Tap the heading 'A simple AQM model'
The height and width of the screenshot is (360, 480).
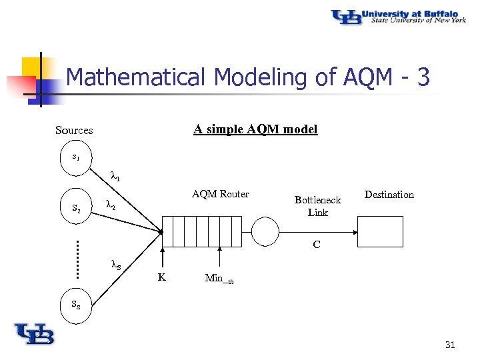pyautogui.click(x=255, y=129)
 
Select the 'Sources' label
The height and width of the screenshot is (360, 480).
pyautogui.click(x=74, y=131)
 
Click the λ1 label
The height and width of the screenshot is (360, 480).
pyautogui.click(x=115, y=177)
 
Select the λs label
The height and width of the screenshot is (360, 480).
pyautogui.click(x=115, y=265)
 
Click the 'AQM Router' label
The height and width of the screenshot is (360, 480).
pyautogui.click(x=220, y=194)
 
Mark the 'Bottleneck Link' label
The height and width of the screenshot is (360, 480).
pyautogui.click(x=317, y=206)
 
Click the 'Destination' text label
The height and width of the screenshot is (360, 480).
pyautogui.click(x=389, y=195)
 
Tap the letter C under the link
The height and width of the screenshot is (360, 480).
pyautogui.click(x=317, y=245)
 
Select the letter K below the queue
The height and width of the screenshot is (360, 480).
pyautogui.click(x=161, y=277)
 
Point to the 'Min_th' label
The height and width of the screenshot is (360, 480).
pyautogui.click(x=219, y=279)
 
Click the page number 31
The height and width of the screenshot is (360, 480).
pyautogui.click(x=449, y=345)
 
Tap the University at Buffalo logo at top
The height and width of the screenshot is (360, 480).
pyautogui.click(x=399, y=16)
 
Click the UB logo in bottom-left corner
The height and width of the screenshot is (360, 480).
pyautogui.click(x=34, y=333)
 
